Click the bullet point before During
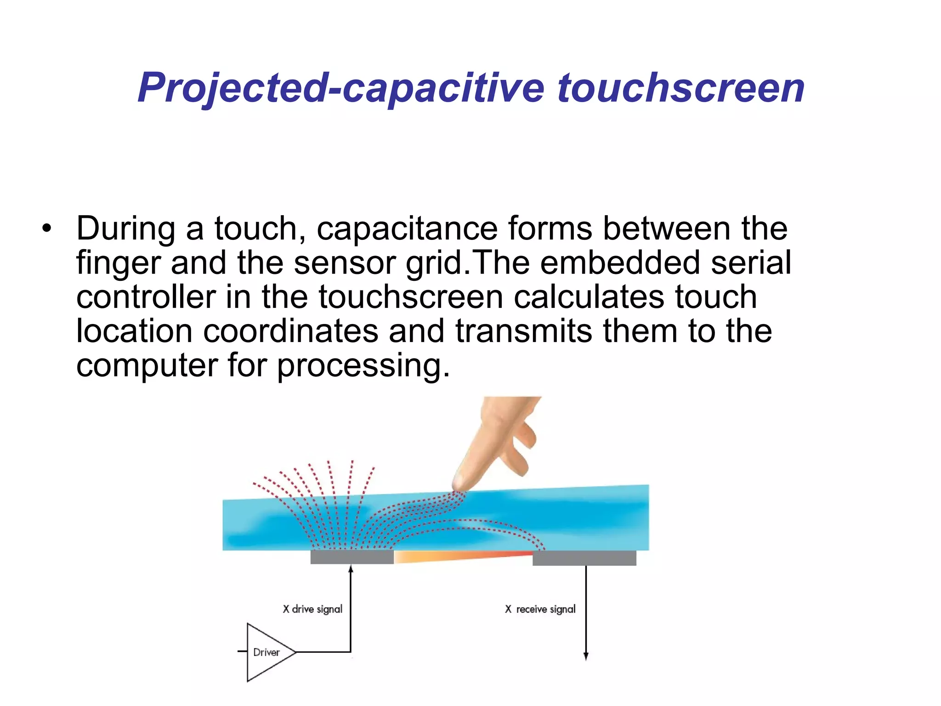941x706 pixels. [x=46, y=228]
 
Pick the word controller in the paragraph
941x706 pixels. [x=146, y=297]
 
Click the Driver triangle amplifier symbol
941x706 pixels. [x=266, y=652]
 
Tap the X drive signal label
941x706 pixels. [x=312, y=609]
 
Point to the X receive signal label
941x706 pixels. [x=540, y=609]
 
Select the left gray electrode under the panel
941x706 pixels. [x=352, y=557]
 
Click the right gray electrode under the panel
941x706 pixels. [x=584, y=558]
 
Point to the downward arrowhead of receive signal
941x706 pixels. [x=586, y=656]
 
